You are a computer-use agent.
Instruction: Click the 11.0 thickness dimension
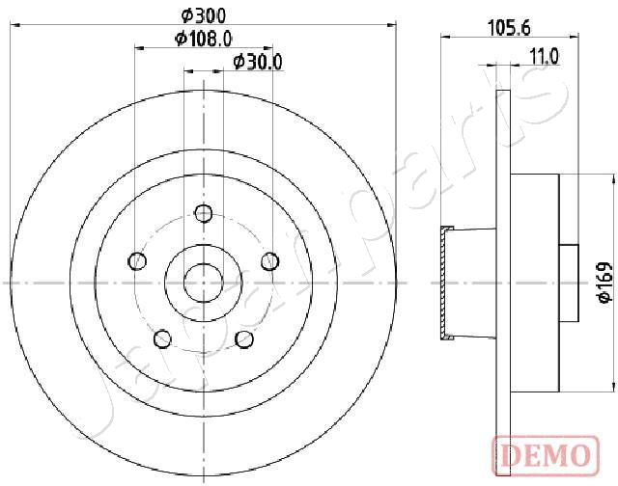point(545,58)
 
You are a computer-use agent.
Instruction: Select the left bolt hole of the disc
point(137,260)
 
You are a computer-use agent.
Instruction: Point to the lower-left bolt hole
point(162,337)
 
